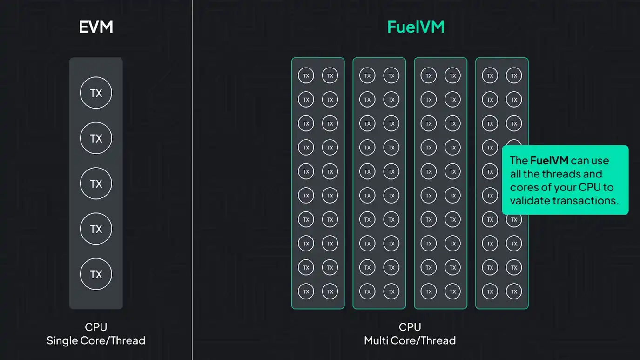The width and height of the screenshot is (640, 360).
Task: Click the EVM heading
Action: click(x=96, y=27)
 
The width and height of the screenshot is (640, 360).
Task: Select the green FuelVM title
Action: click(x=416, y=27)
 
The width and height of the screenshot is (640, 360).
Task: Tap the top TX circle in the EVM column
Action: click(x=96, y=93)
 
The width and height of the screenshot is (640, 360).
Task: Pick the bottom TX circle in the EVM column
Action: click(x=96, y=274)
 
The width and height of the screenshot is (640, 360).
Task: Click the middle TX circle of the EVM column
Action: click(x=96, y=183)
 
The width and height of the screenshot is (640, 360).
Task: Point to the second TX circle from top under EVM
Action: click(x=96, y=138)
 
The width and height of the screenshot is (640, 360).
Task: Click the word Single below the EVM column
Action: click(x=62, y=340)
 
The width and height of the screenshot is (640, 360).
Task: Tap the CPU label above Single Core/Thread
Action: click(x=96, y=327)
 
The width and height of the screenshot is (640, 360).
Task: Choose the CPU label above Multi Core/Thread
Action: click(x=410, y=327)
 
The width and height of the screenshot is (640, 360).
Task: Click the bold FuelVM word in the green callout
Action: click(x=549, y=161)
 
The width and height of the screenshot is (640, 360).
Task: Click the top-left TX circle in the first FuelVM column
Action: click(x=306, y=75)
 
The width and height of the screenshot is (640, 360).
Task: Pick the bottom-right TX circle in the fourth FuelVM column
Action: click(x=514, y=292)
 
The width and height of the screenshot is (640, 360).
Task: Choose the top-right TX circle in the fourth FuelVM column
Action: click(x=514, y=75)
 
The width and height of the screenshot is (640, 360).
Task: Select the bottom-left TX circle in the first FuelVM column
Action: click(x=306, y=292)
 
